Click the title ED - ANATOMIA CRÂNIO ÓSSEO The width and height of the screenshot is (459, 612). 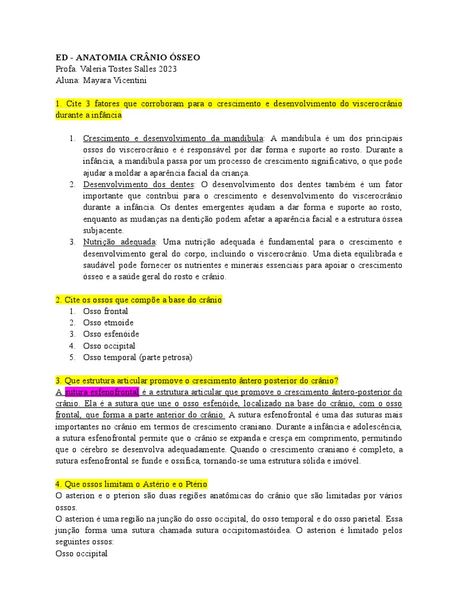pyautogui.click(x=127, y=57)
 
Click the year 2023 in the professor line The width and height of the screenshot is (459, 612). pyautogui.click(x=166, y=69)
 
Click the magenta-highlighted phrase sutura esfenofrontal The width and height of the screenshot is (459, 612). pyautogui.click(x=102, y=392)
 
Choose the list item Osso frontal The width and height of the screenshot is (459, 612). pyautogui.click(x=105, y=311)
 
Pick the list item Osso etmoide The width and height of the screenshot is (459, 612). pyautogui.click(x=108, y=323)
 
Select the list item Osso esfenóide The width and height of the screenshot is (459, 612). pyautogui.click(x=111, y=334)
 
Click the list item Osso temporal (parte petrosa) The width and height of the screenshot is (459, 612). pyautogui.click(x=137, y=357)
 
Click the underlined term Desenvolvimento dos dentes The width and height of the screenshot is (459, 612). pyautogui.click(x=139, y=185)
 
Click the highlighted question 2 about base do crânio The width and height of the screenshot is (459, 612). pyautogui.click(x=138, y=300)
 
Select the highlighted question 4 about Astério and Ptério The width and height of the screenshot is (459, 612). pyautogui.click(x=131, y=484)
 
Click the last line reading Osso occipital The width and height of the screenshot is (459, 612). pyautogui.click(x=81, y=554)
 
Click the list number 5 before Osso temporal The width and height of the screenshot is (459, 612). pyautogui.click(x=71, y=357)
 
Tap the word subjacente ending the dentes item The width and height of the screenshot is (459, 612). pyautogui.click(x=103, y=231)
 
